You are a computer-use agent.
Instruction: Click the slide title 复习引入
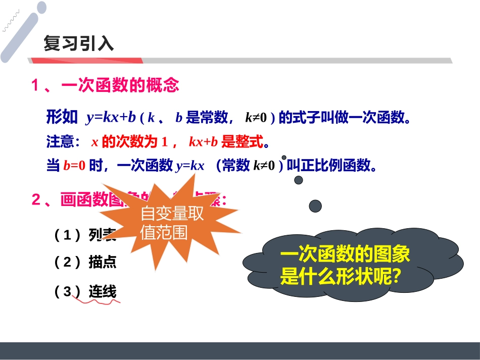78,44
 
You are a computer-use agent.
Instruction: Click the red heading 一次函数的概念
120,85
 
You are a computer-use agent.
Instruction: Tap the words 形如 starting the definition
62,118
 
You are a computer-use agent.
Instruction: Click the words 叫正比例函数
332,166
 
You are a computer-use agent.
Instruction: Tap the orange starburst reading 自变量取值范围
172,223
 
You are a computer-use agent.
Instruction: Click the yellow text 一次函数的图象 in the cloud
345,255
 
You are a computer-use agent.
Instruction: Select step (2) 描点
85,262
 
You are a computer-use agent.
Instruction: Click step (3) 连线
85,291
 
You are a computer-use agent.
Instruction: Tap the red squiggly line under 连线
97,301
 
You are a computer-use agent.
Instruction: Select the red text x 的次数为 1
130,142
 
